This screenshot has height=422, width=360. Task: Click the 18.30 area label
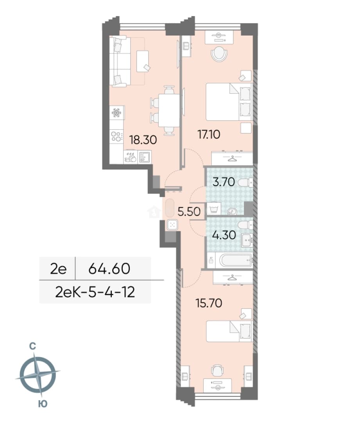(x=143, y=139)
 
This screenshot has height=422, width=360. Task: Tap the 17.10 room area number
(x=209, y=134)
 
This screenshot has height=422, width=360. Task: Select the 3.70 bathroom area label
(x=224, y=182)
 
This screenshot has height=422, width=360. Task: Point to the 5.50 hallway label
(x=189, y=211)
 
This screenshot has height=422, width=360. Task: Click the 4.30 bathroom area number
(x=224, y=235)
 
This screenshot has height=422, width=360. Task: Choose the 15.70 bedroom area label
(x=209, y=303)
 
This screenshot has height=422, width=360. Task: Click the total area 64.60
(x=109, y=268)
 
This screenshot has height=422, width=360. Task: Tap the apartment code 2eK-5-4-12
(x=95, y=292)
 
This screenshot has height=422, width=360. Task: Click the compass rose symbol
(x=38, y=375)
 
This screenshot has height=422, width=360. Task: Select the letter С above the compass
(x=32, y=346)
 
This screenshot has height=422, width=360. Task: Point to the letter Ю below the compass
(x=43, y=404)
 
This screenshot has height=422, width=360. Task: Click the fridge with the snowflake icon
(x=117, y=113)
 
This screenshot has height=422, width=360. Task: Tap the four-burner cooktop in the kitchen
(x=116, y=136)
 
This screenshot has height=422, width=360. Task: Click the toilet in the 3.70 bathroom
(x=245, y=183)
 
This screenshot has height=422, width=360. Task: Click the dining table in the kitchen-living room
(x=169, y=110)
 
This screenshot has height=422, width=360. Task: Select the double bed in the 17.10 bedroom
(x=229, y=102)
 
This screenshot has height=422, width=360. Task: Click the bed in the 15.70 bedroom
(x=229, y=331)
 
